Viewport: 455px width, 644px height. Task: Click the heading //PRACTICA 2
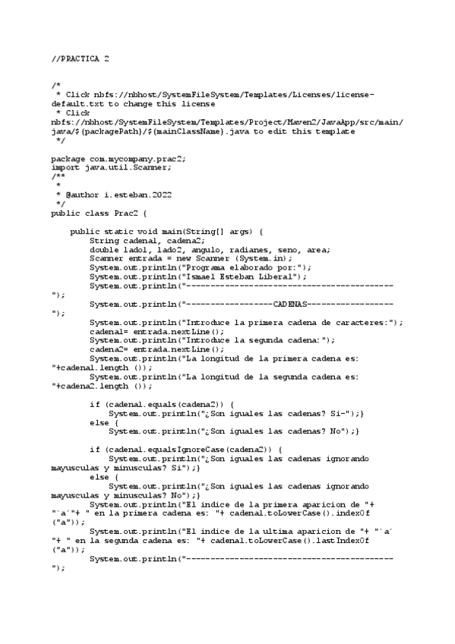point(80,58)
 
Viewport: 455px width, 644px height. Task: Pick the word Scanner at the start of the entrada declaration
point(106,258)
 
